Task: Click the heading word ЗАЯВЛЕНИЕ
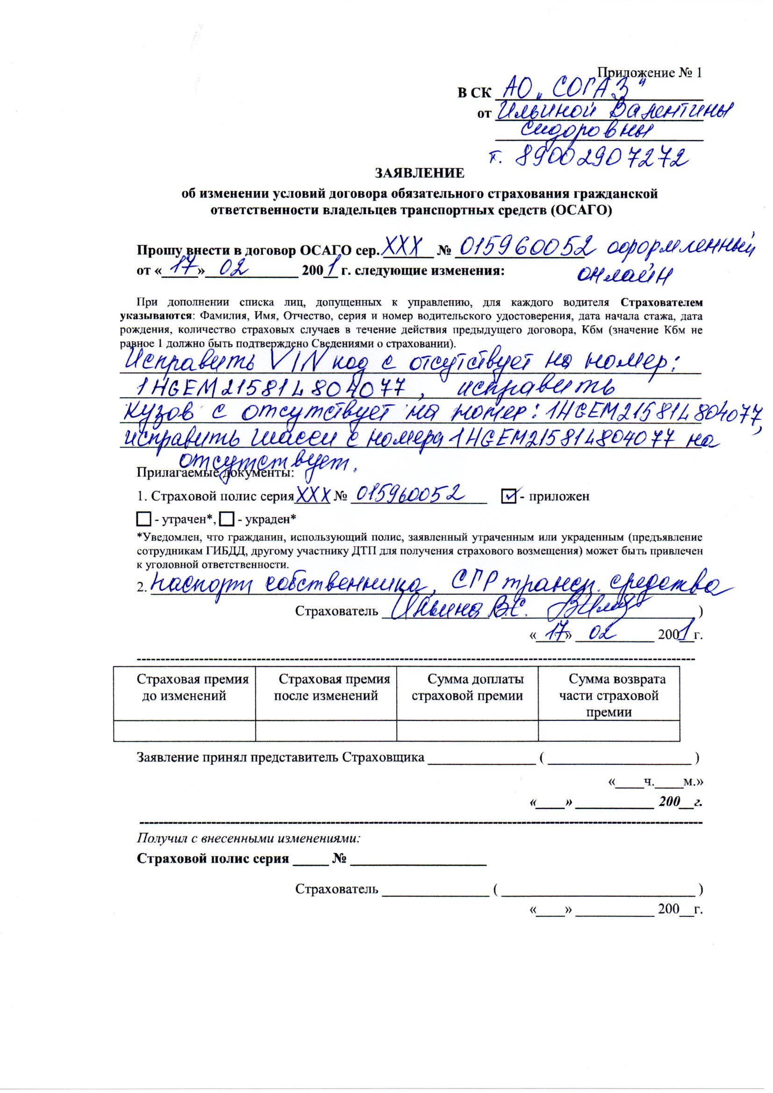tap(419, 173)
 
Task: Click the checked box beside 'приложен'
tap(508, 496)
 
